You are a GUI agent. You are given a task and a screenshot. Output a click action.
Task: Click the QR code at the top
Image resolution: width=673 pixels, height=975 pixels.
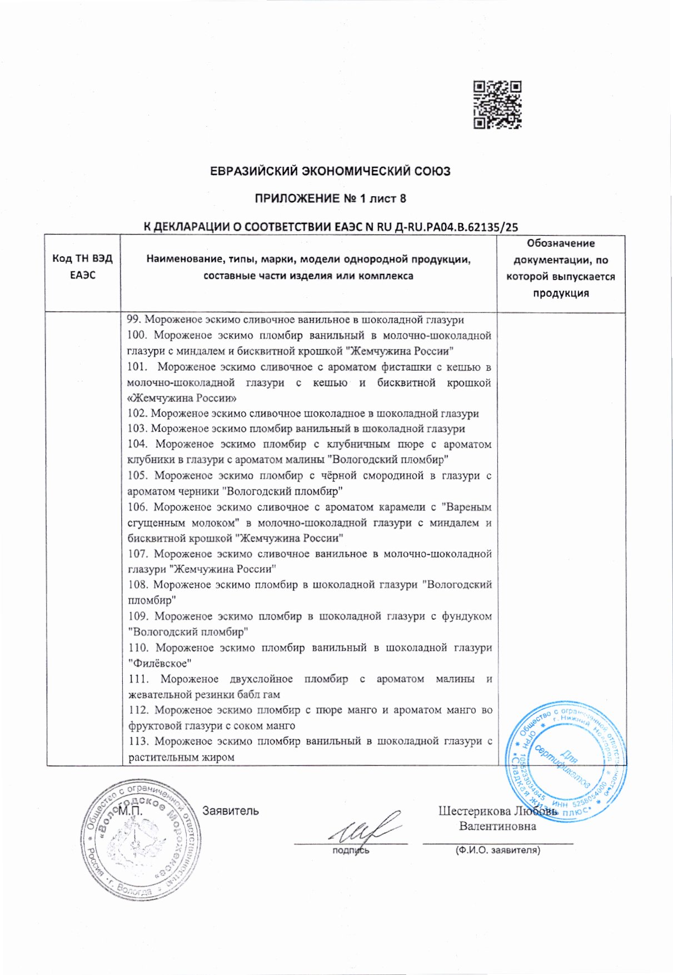(x=497, y=105)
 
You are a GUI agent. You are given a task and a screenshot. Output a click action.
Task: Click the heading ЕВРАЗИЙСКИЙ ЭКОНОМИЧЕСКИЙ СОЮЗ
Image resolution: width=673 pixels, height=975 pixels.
(x=330, y=171)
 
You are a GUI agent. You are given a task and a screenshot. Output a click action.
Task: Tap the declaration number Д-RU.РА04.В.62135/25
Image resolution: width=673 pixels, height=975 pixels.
(x=455, y=227)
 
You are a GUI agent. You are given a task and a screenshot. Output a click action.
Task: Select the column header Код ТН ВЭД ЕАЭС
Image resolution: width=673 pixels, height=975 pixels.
(x=82, y=267)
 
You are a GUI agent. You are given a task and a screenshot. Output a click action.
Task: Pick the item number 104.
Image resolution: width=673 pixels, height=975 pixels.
(x=137, y=444)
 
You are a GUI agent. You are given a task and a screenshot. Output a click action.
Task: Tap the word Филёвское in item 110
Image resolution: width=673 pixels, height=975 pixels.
(x=160, y=663)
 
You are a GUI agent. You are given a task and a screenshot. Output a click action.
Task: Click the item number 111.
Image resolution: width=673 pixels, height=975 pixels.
(x=138, y=679)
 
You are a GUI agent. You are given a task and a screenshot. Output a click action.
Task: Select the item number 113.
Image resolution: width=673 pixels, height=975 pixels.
(x=138, y=741)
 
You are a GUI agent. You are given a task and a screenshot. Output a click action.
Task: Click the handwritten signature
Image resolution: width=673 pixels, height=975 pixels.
(x=361, y=830)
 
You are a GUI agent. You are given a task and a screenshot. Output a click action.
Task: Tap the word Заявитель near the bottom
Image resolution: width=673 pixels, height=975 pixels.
(x=230, y=811)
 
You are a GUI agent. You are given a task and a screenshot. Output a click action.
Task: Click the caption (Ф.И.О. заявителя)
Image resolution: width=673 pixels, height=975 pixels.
(x=497, y=850)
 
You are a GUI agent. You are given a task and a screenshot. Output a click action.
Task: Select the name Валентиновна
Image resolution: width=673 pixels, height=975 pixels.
(x=497, y=826)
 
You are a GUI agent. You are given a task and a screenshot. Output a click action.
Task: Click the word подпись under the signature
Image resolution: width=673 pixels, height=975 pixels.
(x=350, y=850)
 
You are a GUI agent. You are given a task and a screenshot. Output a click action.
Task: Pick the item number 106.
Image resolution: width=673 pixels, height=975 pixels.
(x=137, y=507)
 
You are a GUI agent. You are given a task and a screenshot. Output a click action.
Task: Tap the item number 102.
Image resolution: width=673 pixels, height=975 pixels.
(x=137, y=414)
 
